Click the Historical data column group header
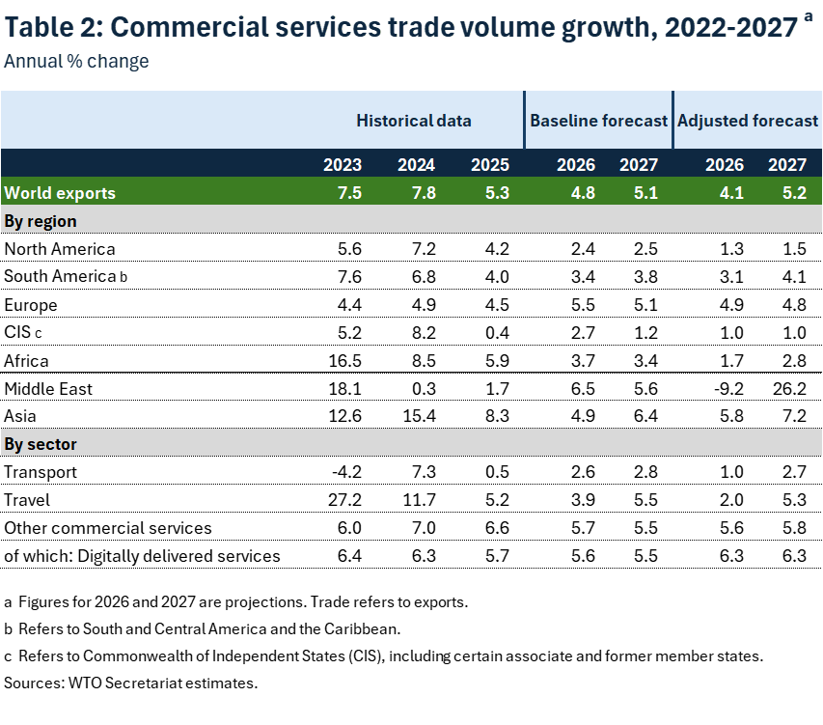413,121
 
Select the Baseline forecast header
598,121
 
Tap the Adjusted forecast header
748,121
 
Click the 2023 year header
343,164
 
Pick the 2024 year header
417,164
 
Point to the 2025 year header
490,164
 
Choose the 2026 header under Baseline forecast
576,164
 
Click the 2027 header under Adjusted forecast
787,164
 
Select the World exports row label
60,193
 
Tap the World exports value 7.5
349,193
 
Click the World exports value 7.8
424,193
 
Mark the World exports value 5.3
497,193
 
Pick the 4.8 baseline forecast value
583,193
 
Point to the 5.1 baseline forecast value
645,193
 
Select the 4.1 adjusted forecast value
731,193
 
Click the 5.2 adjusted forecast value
794,193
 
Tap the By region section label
41,221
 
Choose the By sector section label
41,444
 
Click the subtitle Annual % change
76,62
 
